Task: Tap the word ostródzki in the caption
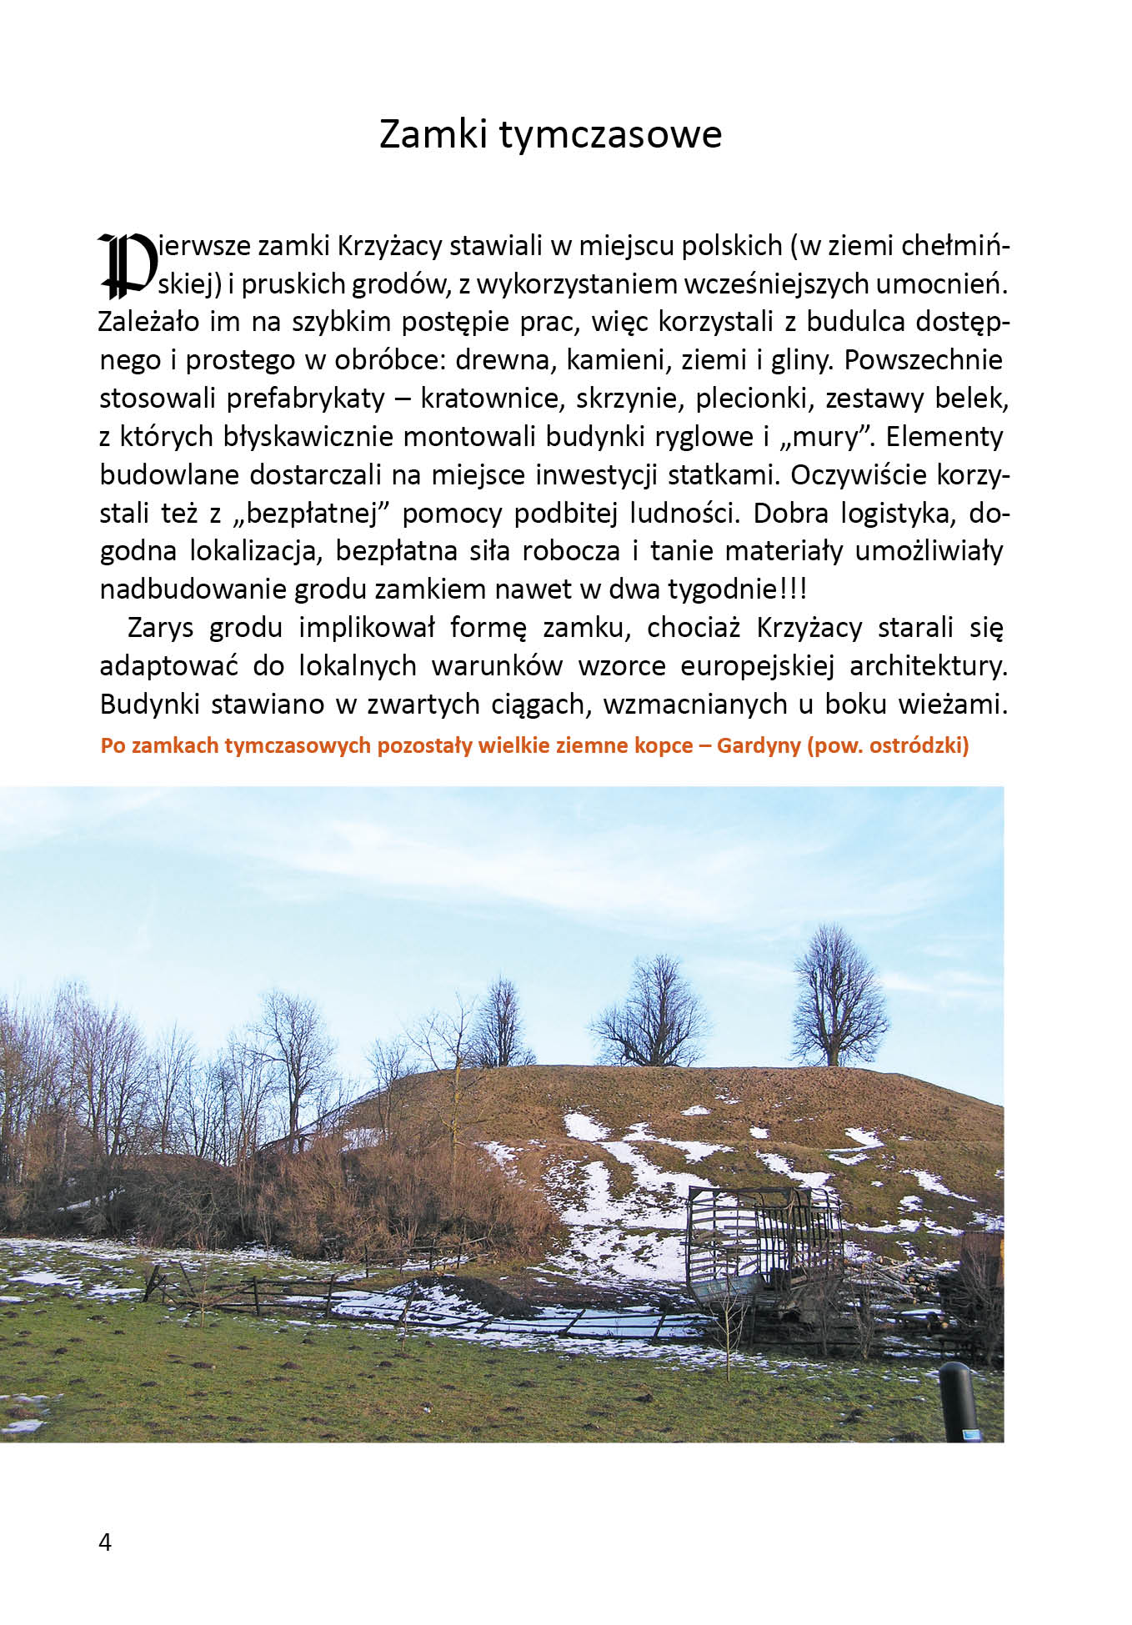(x=915, y=745)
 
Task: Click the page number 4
(x=105, y=1542)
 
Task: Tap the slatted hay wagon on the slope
(x=763, y=1233)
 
